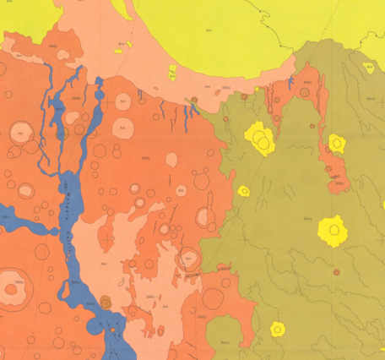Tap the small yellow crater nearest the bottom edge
(x=276, y=329)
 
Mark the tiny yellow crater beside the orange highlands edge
(x=242, y=190)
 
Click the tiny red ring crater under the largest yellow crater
(x=337, y=272)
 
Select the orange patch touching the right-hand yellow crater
(x=335, y=169)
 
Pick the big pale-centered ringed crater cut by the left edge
(x=11, y=286)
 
